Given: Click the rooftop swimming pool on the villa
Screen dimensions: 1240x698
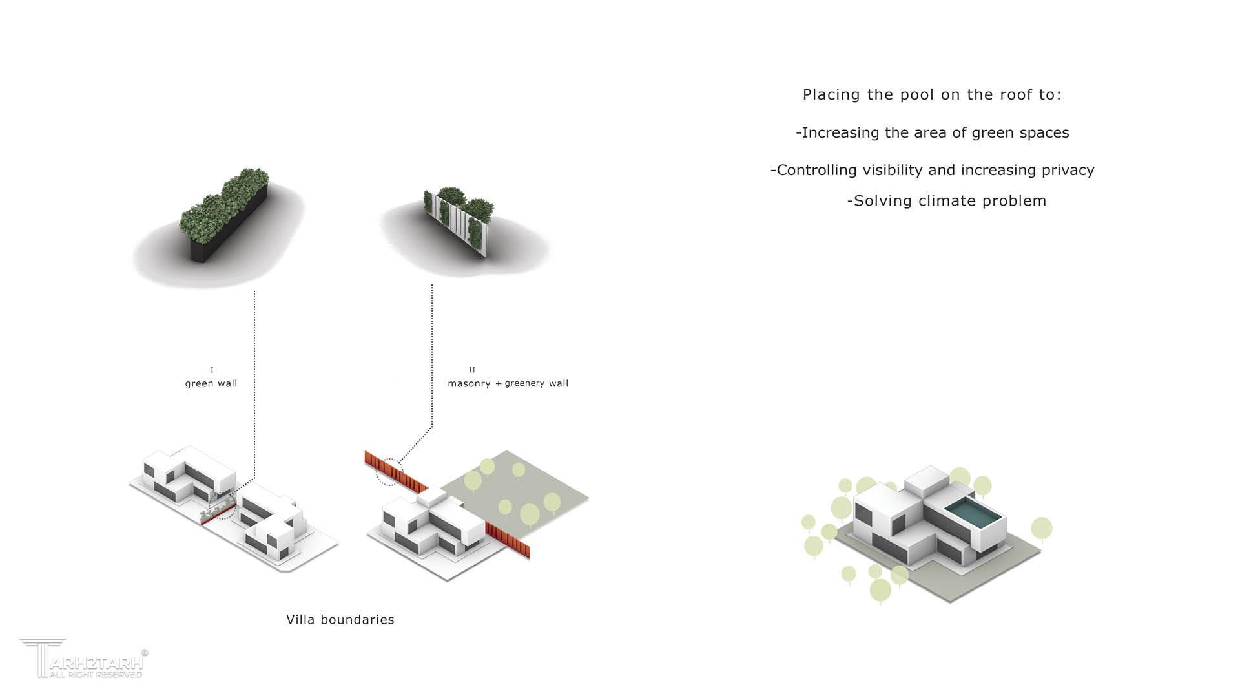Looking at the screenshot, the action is pos(975,514).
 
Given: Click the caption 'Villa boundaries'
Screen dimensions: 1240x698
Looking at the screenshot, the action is pos(340,620).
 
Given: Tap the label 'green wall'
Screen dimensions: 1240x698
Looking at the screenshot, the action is pos(211,383).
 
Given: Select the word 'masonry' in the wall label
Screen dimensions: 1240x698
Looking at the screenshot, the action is pos(470,383).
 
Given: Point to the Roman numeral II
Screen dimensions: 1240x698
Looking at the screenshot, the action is pos(472,370).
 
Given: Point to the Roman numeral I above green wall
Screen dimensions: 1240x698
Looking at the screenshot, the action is pos(212,370).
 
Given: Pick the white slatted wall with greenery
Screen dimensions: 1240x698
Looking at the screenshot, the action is pos(459,220).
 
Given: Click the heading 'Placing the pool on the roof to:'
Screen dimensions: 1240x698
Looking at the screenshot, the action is pos(932,94).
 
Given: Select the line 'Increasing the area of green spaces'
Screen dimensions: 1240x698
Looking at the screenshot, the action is pos(933,132).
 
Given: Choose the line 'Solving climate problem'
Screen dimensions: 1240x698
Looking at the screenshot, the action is pos(947,201).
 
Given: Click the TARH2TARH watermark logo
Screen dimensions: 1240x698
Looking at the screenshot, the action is pos(81,659).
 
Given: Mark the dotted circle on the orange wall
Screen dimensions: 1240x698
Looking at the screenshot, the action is pos(389,472).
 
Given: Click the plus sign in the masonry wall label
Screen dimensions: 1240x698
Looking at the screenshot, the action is pos(499,384).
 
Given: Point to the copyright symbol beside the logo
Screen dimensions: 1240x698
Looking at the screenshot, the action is pos(145,653).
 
